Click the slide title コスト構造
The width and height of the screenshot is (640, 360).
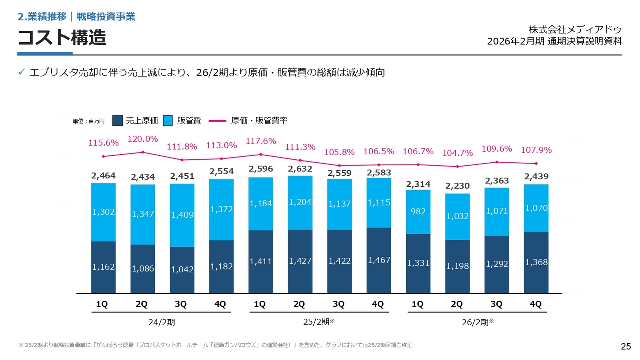pyautogui.click(x=62, y=37)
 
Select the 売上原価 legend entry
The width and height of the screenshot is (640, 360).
pyautogui.click(x=135, y=120)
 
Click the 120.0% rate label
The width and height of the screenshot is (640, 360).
pyautogui.click(x=143, y=139)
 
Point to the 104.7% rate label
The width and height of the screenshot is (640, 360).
pyautogui.click(x=457, y=153)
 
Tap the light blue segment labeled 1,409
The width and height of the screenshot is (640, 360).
pyautogui.click(x=182, y=215)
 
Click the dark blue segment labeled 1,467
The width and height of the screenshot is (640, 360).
pyautogui.click(x=379, y=260)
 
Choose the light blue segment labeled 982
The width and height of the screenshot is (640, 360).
pyautogui.click(x=418, y=211)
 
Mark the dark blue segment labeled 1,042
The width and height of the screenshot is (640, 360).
pyautogui.click(x=182, y=270)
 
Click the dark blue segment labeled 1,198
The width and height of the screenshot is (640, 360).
pyautogui.click(x=457, y=266)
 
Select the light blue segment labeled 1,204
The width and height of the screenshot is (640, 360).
pyautogui.click(x=300, y=202)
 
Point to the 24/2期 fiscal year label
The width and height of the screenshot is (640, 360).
pyautogui.click(x=162, y=322)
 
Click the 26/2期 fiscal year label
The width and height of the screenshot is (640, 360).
pyautogui.click(x=478, y=322)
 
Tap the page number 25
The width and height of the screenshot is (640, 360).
pyautogui.click(x=625, y=346)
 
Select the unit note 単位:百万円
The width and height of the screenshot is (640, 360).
pyautogui.click(x=89, y=121)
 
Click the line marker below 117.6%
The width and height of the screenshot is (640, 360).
pyautogui.click(x=261, y=154)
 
